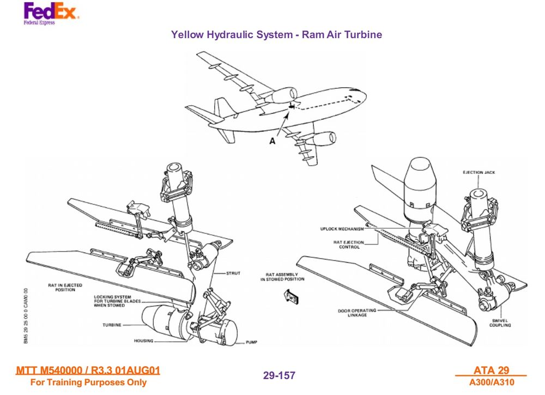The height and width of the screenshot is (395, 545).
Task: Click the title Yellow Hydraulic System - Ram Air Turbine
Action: (276, 35)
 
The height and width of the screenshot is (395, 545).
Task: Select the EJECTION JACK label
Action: (479, 173)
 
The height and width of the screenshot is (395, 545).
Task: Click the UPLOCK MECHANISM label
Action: (342, 229)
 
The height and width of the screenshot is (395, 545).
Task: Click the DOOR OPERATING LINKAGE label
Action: (353, 313)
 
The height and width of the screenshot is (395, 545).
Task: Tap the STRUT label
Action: (233, 273)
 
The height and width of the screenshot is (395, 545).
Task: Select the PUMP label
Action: (251, 342)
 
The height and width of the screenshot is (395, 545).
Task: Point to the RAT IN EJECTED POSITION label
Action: (65, 287)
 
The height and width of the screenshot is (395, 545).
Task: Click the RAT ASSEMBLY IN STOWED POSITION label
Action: (282, 277)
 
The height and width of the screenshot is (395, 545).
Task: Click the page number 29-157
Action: (279, 375)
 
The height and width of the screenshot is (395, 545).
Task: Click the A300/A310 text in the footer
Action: (492, 382)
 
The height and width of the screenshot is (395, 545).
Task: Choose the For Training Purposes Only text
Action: (88, 382)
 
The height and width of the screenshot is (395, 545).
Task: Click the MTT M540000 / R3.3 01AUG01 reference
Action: (88, 371)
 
